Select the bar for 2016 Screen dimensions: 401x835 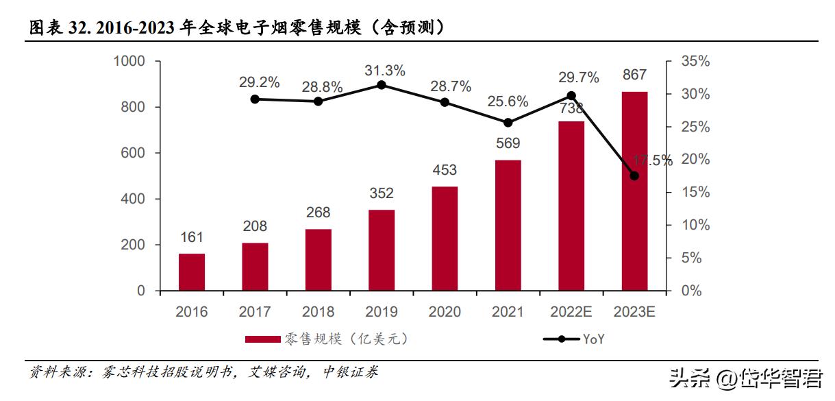192,272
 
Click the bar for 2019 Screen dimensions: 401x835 382,250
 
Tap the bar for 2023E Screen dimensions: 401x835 634,191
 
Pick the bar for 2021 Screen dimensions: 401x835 508,226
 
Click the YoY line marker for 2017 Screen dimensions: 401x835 255,99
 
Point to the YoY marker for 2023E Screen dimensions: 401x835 634,176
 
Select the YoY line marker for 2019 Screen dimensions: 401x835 382,85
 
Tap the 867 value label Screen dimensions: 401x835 634,75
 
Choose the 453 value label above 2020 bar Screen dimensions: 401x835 445,170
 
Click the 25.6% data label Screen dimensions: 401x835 508,101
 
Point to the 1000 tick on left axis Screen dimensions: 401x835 129,61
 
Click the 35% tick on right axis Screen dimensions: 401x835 695,61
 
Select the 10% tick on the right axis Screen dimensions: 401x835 695,225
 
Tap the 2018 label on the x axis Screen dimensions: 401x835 318,312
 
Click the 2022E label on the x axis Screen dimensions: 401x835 571,312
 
